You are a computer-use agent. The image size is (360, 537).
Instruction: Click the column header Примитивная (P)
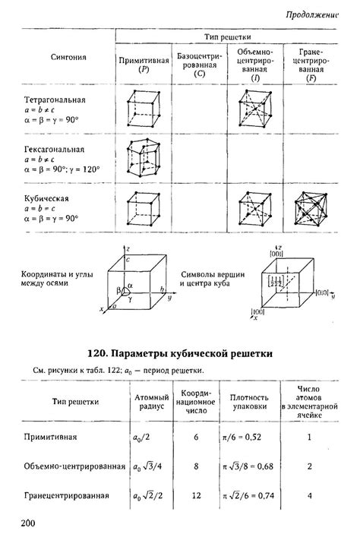pyautogui.click(x=142, y=63)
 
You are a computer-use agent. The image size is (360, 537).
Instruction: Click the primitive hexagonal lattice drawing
pyautogui.click(x=142, y=157)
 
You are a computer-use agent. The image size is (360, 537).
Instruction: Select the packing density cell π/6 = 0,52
pyautogui.click(x=248, y=438)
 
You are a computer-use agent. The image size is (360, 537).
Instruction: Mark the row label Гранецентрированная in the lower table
pyautogui.click(x=66, y=496)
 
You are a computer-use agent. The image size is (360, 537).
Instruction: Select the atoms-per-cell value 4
pyautogui.click(x=309, y=495)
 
